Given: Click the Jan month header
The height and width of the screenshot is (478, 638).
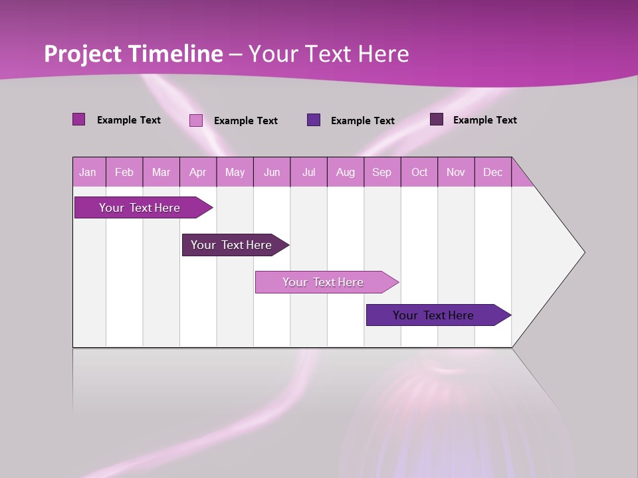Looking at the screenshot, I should point(88,172).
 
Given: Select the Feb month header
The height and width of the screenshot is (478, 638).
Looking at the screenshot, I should point(124,172).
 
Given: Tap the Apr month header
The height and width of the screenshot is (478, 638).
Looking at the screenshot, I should point(197,172).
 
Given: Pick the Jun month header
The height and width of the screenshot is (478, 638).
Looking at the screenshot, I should point(272,172).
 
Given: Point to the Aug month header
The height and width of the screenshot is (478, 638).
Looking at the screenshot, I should point(345,172).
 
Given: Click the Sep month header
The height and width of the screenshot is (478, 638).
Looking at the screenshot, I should point(381,172).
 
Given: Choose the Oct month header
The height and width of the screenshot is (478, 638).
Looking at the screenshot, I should point(419,172).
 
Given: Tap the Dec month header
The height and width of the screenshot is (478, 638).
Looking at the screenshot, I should point(492,172).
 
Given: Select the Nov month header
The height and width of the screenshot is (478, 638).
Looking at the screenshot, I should point(455,172).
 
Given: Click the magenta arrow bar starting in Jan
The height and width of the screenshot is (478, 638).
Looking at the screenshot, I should point(140,208).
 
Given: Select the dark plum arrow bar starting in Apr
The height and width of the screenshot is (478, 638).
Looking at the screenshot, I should point(231,245).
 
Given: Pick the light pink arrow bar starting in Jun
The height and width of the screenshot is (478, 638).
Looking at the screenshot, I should point(323,282).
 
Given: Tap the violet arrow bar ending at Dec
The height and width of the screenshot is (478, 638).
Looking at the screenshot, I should point(433,315).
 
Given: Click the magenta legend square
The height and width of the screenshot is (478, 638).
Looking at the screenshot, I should point(79,119).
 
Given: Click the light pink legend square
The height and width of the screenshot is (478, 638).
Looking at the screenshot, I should point(196,120).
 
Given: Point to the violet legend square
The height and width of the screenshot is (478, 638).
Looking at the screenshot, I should point(314,119).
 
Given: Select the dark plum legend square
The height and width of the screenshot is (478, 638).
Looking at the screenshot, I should point(437,119).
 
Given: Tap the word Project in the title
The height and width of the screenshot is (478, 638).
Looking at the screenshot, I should point(82,54).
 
